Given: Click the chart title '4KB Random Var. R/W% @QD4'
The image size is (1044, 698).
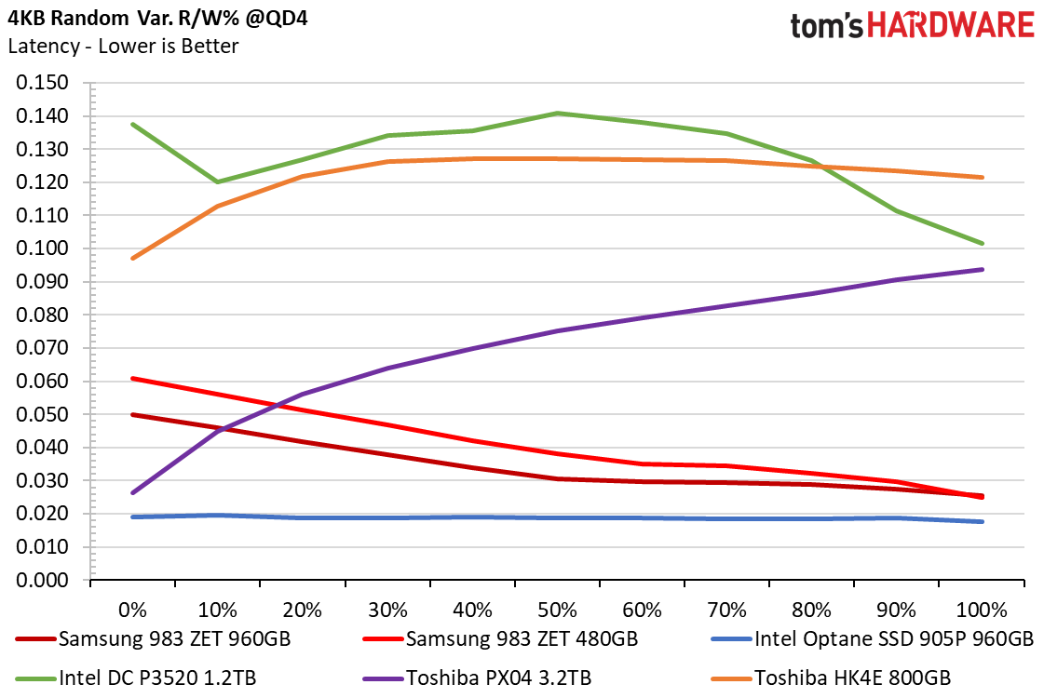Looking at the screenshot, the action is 157,17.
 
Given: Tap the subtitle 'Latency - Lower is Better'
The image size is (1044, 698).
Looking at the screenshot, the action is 123,46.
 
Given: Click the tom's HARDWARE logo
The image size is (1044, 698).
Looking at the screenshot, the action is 912,25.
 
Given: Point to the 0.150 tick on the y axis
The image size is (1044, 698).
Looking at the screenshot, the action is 43,83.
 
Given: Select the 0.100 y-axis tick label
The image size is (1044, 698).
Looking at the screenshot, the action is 43,248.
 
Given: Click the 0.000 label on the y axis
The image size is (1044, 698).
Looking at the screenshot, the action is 43,580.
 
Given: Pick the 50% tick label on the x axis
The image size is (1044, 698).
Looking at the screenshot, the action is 557,610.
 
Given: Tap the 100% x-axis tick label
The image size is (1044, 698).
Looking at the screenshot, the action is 982,610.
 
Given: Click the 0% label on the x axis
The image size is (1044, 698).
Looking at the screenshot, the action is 132,610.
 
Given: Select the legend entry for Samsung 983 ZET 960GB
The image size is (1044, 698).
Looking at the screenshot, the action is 154,638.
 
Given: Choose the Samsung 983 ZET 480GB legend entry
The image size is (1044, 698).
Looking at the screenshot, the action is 501,638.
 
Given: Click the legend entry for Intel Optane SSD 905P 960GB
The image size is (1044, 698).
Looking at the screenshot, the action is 873,638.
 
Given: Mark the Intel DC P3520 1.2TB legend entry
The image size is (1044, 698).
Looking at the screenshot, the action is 137,678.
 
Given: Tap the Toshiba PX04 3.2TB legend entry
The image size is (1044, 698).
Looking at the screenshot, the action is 478,678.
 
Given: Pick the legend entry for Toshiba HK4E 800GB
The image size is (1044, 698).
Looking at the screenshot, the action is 832,678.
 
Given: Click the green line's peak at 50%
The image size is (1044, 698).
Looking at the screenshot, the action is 557,114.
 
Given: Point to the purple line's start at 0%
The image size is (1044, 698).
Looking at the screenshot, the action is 133,493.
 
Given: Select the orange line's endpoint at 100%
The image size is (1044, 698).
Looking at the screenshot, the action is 983,178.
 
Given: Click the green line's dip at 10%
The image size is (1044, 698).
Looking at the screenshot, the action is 218,181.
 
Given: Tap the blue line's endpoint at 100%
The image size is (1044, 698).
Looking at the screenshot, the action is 983,522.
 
